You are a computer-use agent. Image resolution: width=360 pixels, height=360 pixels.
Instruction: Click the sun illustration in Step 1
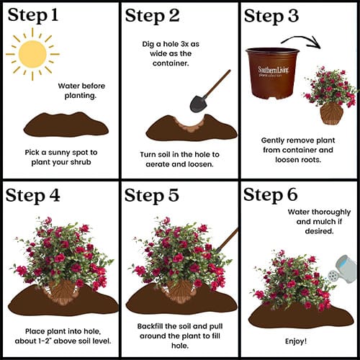32,54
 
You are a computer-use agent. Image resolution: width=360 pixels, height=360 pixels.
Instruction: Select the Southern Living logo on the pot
274,71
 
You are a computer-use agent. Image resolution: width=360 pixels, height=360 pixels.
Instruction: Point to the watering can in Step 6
343,269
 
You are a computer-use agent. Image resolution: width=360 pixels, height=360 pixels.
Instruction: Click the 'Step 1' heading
33,15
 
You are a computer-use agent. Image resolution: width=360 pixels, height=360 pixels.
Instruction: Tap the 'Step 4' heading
32,196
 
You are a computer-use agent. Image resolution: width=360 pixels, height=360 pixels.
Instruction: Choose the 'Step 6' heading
271,194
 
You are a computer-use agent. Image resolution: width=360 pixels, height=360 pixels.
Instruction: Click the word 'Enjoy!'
296,341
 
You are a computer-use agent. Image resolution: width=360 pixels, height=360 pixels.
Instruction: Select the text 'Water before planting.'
81,91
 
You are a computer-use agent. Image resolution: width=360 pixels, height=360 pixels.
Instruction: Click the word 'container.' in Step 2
171,63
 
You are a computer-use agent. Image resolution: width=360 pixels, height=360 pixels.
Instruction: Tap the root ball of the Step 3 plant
332,113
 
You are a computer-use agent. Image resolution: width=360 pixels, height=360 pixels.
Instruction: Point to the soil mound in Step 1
66,125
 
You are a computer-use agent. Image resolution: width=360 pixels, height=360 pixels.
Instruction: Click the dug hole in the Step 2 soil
190,125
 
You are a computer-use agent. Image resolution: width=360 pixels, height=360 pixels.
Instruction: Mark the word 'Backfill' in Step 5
150,326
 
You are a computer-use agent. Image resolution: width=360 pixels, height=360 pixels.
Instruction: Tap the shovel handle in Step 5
227,240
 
